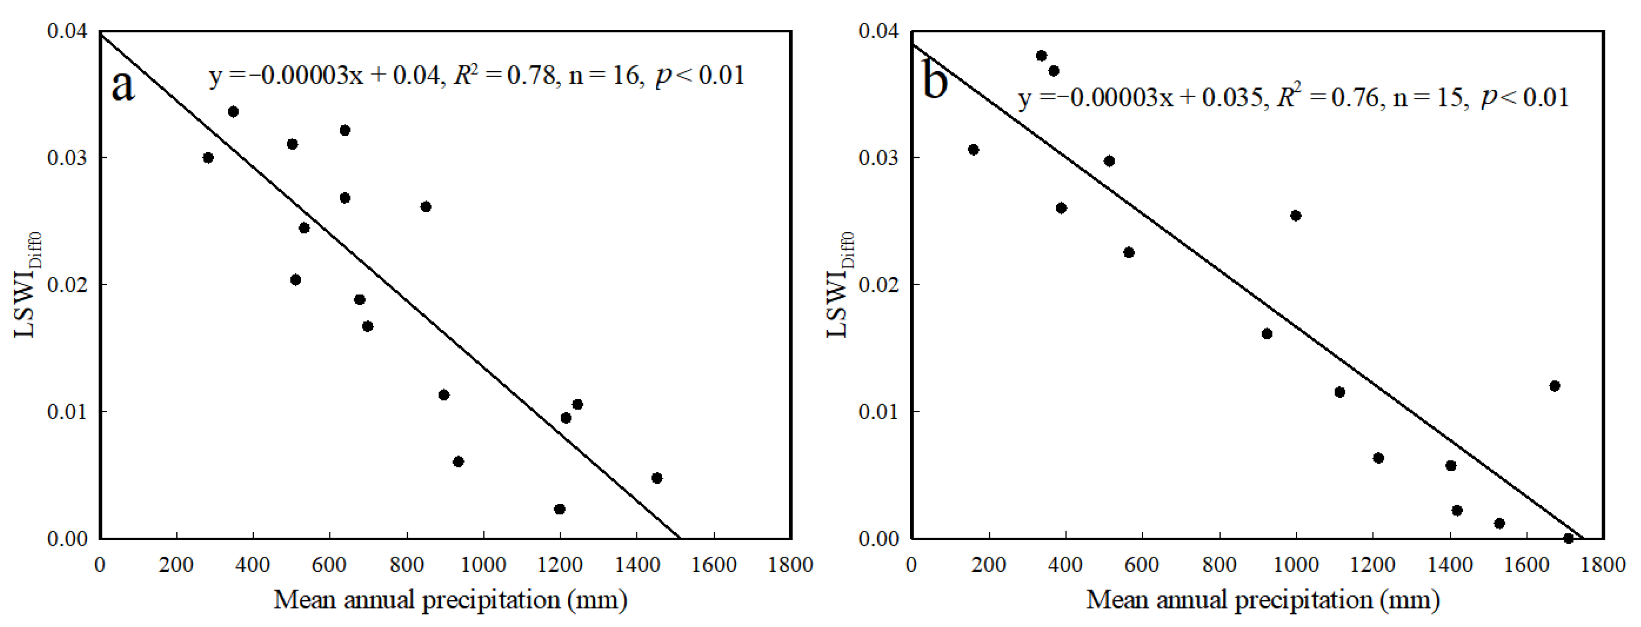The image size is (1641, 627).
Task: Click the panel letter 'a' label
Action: point(123,86)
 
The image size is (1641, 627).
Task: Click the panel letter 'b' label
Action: point(935,83)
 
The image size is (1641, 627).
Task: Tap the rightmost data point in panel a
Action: point(657,478)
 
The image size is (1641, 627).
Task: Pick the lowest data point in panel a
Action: point(560,509)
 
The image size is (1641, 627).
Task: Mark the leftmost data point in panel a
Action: point(208,158)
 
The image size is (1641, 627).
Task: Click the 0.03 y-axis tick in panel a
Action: point(68,158)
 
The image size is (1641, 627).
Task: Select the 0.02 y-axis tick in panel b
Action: point(880,284)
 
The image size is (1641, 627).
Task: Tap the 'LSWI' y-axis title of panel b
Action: point(837,306)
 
